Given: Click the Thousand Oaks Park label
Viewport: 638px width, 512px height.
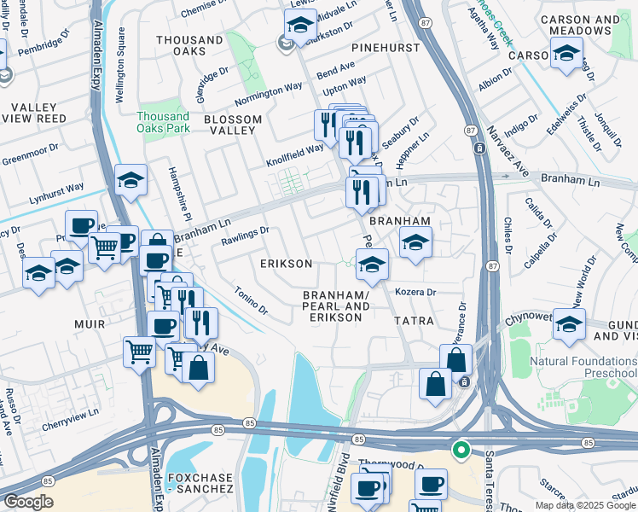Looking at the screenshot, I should pyautogui.click(x=162, y=122).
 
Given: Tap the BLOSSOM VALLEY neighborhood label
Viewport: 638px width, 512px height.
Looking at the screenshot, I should pyautogui.click(x=229, y=125).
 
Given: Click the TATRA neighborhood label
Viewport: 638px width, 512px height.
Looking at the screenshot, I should pyautogui.click(x=415, y=321).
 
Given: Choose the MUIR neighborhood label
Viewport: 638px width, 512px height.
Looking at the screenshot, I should pyautogui.click(x=90, y=324).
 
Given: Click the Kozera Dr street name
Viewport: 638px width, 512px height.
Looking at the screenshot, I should pyautogui.click(x=415, y=292).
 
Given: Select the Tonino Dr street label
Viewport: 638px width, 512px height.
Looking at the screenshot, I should pyautogui.click(x=251, y=300).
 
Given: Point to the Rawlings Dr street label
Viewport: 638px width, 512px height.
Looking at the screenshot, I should pyautogui.click(x=245, y=231).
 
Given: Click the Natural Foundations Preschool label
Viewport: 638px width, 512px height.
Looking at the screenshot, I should pyautogui.click(x=583, y=367).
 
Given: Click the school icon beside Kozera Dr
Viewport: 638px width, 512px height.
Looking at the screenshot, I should pyautogui.click(x=372, y=265).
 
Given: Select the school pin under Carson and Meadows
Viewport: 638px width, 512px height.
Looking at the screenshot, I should pyautogui.click(x=565, y=55).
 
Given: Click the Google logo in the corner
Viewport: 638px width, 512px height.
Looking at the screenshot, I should pyautogui.click(x=28, y=502).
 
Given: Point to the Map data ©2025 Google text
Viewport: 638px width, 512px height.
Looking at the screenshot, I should pyautogui.click(x=585, y=505).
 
